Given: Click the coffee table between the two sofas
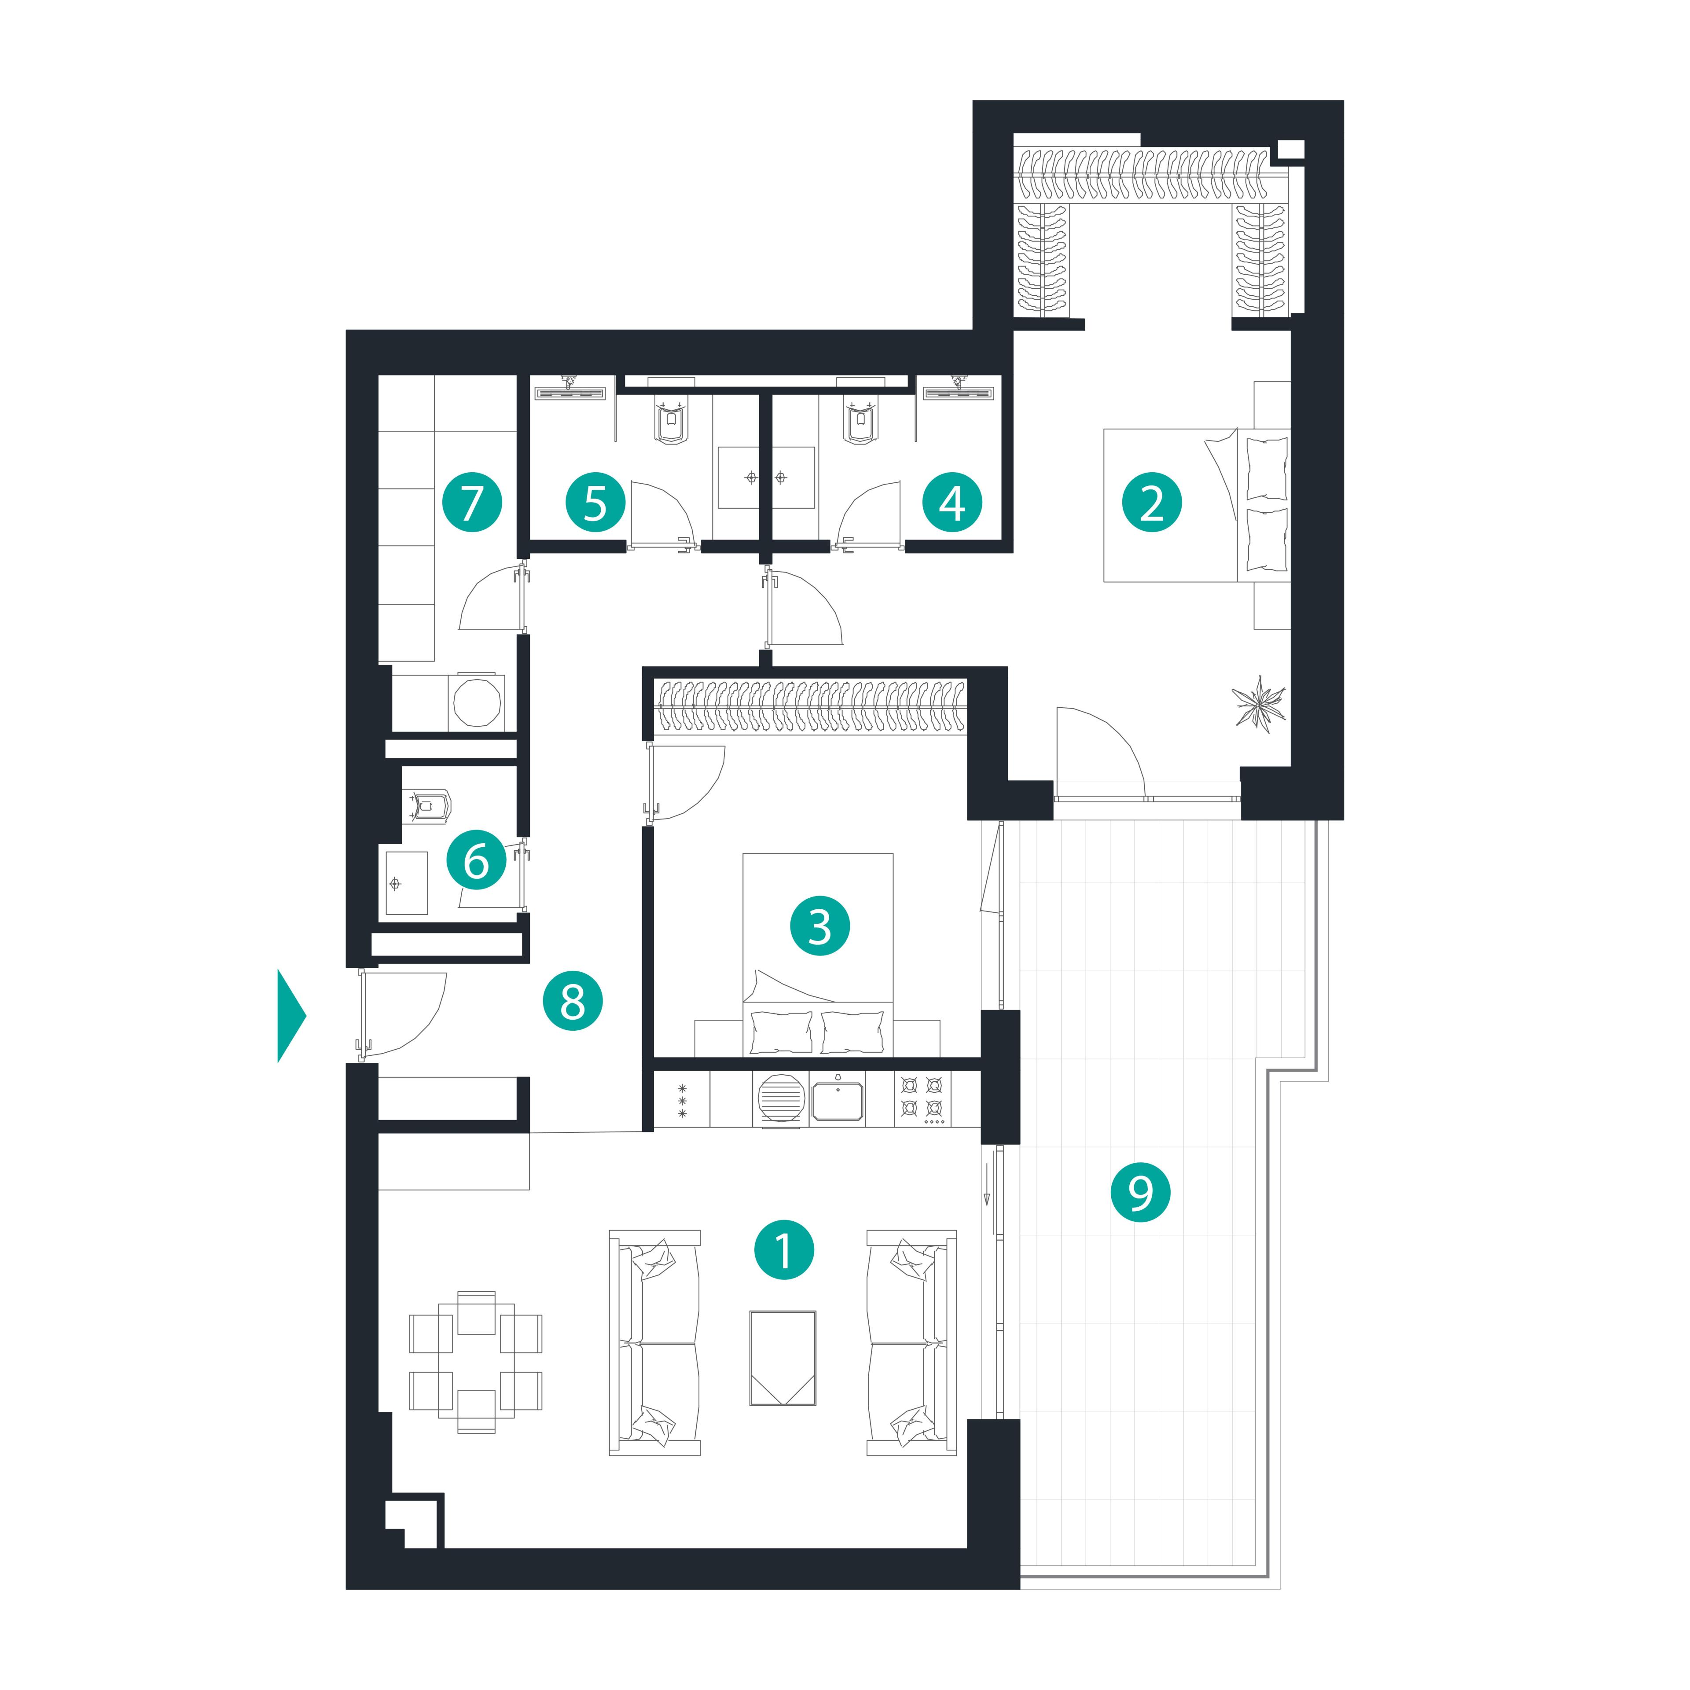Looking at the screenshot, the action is point(783,1358).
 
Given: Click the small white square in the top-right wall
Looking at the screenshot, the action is point(1290,150).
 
